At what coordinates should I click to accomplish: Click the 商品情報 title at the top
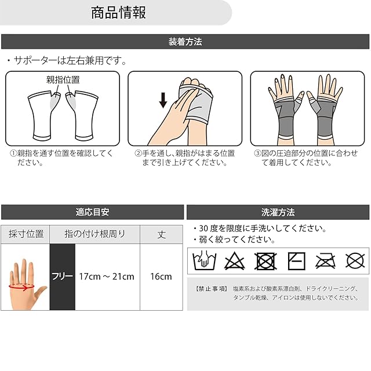pyautogui.click(x=118, y=13)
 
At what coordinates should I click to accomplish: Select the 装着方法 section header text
pyautogui.click(x=185, y=42)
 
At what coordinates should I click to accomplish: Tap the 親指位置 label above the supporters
pyautogui.click(x=63, y=80)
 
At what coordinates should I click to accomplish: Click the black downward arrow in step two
pyautogui.click(x=163, y=100)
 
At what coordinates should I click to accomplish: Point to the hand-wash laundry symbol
pyautogui.click(x=205, y=260)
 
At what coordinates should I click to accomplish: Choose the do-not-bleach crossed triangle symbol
pyautogui.click(x=234, y=261)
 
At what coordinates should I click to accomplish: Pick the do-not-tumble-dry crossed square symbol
pyautogui.click(x=265, y=261)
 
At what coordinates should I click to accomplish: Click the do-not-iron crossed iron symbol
pyautogui.click(x=326, y=261)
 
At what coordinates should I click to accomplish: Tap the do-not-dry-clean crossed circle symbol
pyautogui.click(x=355, y=261)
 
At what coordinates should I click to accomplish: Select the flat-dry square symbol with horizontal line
pyautogui.click(x=296, y=261)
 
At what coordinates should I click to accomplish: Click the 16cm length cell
pyautogui.click(x=161, y=277)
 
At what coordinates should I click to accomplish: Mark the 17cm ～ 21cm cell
pyautogui.click(x=107, y=277)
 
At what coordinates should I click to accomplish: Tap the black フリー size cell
pyautogui.click(x=63, y=277)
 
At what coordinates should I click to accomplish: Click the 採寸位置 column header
pyautogui.click(x=26, y=234)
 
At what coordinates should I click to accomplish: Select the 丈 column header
pyautogui.click(x=162, y=234)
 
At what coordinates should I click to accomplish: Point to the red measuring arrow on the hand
pyautogui.click(x=21, y=287)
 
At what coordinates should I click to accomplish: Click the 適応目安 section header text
pyautogui.click(x=93, y=212)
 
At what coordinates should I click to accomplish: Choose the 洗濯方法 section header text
pyautogui.click(x=278, y=212)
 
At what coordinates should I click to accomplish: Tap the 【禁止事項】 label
pyautogui.click(x=212, y=289)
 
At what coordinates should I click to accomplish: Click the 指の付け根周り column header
pyautogui.click(x=95, y=234)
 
